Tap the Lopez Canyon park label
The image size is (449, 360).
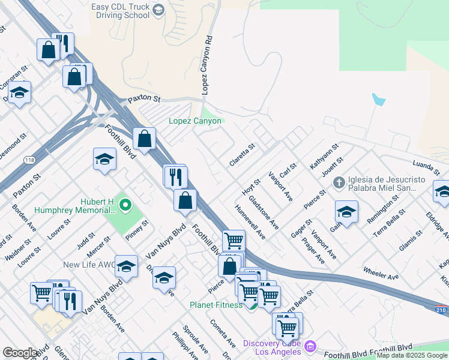click(x=195, y=121)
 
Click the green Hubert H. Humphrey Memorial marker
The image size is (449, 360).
click(x=125, y=206)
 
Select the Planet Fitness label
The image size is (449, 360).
click(x=216, y=305)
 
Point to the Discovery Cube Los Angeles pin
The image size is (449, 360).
click(x=310, y=346)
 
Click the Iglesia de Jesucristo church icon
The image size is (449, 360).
click(x=339, y=182)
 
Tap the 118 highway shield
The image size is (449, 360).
click(x=29, y=160)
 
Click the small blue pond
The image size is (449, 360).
click(x=378, y=99)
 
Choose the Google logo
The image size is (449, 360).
click(x=20, y=353)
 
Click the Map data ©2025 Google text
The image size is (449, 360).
click(x=412, y=355)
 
